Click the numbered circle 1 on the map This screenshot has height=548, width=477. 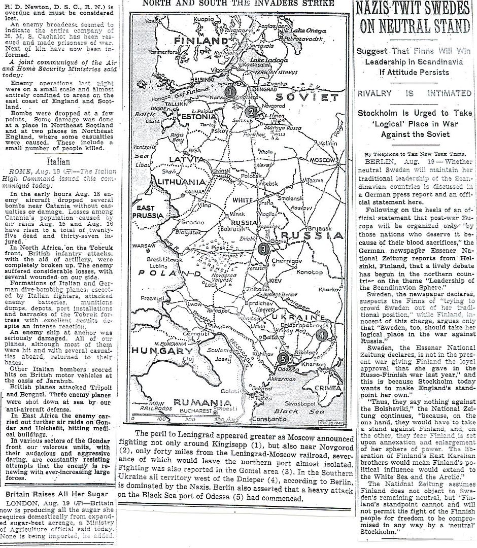click(x=230, y=92)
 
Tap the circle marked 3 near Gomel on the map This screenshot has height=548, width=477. click(x=263, y=248)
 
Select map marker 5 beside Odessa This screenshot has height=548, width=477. click(x=284, y=358)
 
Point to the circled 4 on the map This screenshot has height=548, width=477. click(x=322, y=334)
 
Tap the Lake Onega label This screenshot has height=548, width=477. click(x=312, y=30)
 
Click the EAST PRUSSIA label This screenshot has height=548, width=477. click(x=145, y=212)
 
